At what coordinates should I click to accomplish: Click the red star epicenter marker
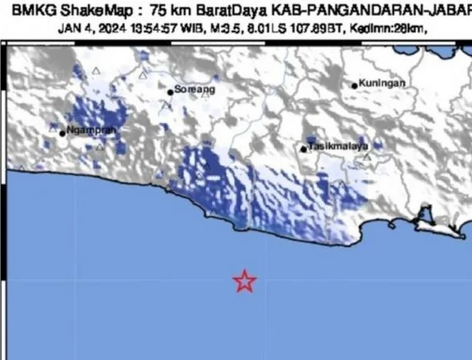(245, 281)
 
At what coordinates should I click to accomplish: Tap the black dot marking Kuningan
(355, 85)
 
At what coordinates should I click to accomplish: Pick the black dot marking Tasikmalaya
(304, 148)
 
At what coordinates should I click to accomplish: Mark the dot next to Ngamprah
(62, 132)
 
